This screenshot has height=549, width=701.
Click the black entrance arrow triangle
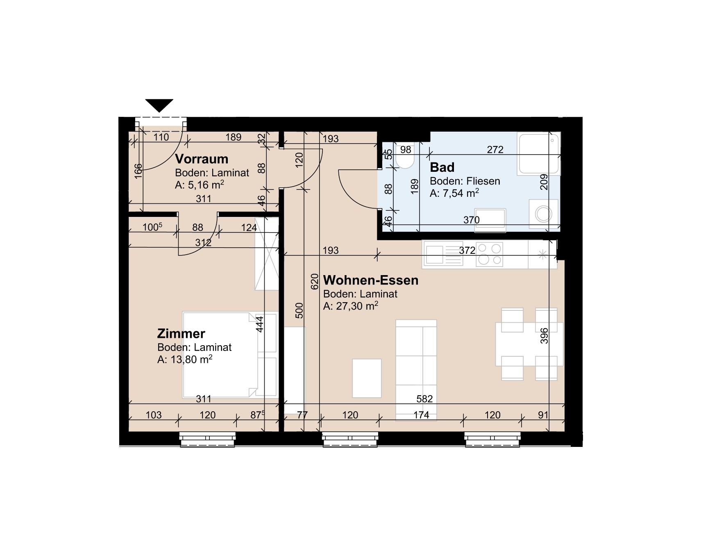click(x=159, y=105)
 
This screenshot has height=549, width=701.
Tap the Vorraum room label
click(x=201, y=159)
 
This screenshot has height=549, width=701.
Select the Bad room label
click(x=442, y=167)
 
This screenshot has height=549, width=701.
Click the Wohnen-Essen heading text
click(x=370, y=280)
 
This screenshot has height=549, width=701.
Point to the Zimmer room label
click(x=181, y=333)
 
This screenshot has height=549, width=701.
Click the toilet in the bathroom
click(x=405, y=160)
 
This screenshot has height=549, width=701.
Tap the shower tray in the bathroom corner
click(x=538, y=154)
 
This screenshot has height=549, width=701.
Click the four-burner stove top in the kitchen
click(x=490, y=254)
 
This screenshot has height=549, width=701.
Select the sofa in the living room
click(x=416, y=369)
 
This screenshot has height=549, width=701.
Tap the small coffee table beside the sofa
click(x=367, y=378)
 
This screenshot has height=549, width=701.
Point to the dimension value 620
click(x=314, y=282)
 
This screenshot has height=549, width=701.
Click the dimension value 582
click(x=424, y=399)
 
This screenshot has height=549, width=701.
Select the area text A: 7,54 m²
click(x=454, y=193)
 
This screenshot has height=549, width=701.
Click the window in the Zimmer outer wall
click(x=208, y=440)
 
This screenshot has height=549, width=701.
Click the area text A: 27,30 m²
click(x=350, y=306)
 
